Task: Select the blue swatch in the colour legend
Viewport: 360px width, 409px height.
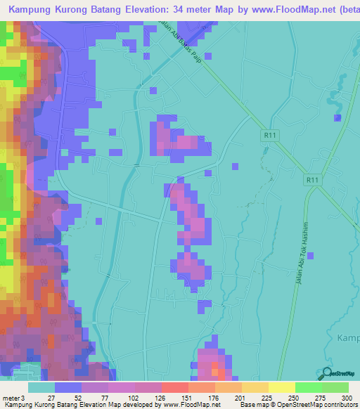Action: [x=68, y=387]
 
